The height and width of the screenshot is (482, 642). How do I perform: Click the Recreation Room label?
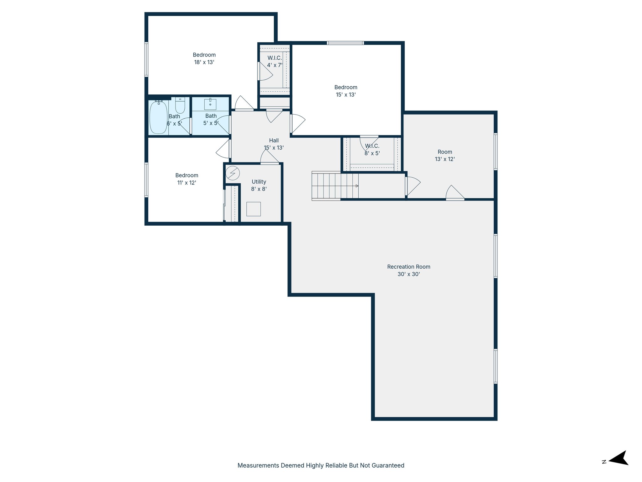point(408,267)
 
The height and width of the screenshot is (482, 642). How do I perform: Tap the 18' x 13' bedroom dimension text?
point(204,62)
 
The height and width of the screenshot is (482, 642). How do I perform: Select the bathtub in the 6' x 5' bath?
point(158,117)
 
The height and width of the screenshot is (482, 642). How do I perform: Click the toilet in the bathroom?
point(180,105)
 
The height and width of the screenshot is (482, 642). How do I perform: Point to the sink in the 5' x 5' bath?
point(210,104)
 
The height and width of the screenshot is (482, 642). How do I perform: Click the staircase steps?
point(335,186)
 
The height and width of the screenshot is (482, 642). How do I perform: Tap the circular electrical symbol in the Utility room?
point(233,173)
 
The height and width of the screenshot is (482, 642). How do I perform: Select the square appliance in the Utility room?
point(253,209)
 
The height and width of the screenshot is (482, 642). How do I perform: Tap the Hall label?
point(274,141)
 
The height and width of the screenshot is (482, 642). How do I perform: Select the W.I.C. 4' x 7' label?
point(275,62)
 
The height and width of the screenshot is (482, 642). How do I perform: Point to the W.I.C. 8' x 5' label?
point(372,150)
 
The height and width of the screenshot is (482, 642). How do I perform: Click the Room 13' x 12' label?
point(445,155)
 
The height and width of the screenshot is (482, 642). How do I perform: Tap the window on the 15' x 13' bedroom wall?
point(345,43)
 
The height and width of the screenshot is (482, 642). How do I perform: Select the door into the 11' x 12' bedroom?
point(223,149)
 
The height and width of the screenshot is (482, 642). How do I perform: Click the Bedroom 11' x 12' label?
point(187,179)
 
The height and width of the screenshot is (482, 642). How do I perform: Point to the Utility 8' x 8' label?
point(259,185)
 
